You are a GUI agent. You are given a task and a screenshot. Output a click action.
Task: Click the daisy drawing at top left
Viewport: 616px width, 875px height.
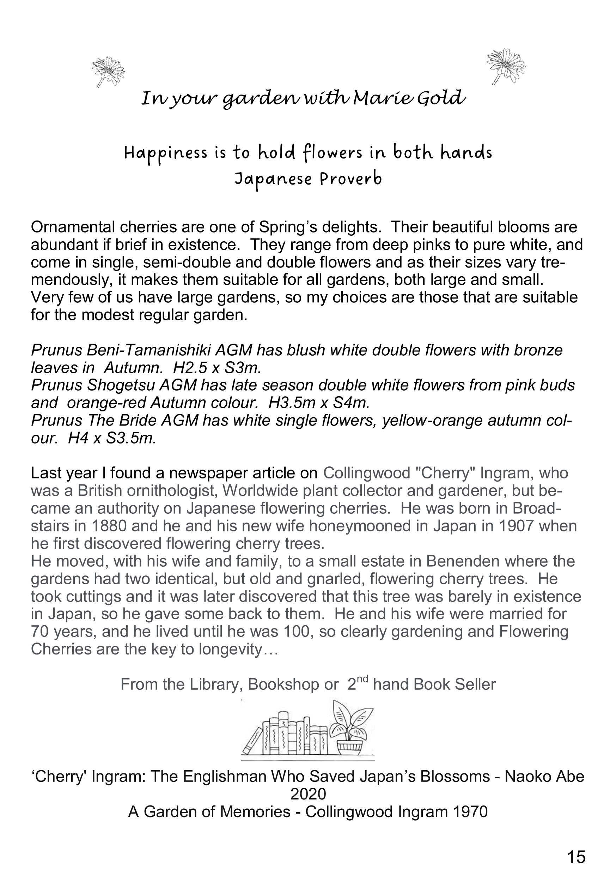(x=108, y=72)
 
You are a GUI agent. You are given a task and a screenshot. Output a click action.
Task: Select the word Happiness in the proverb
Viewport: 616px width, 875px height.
(x=166, y=153)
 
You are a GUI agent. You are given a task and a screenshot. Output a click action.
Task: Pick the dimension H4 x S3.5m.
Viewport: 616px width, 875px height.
(x=112, y=438)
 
